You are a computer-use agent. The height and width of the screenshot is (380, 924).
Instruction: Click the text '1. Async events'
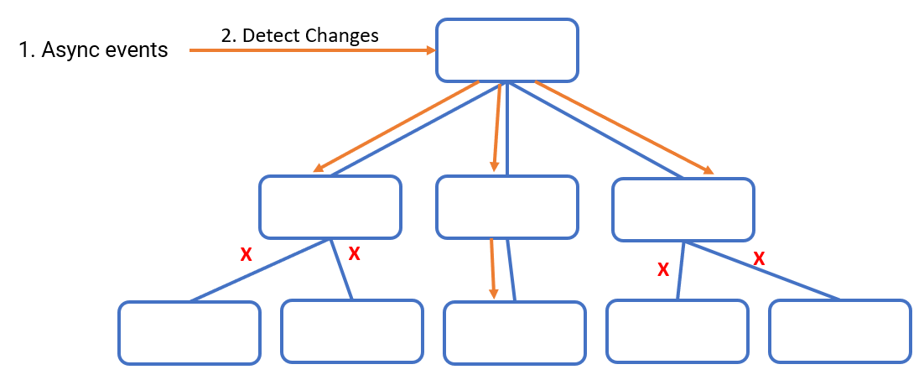pyautogui.click(x=93, y=50)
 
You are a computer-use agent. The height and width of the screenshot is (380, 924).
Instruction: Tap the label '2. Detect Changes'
pyautogui.click(x=299, y=35)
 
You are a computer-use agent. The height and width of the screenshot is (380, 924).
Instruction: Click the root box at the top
pyautogui.click(x=506, y=50)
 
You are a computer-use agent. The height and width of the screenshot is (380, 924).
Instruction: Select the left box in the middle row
pyautogui.click(x=330, y=207)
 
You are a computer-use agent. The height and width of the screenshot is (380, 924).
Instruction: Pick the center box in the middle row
pyautogui.click(x=506, y=207)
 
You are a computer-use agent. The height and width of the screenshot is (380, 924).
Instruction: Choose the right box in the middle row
pyautogui.click(x=683, y=209)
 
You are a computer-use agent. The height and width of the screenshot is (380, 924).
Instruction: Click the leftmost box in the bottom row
pyautogui.click(x=189, y=333)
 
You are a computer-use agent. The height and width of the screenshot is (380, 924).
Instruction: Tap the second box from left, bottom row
pyautogui.click(x=352, y=331)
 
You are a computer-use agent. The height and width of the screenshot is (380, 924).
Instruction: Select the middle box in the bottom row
pyautogui.click(x=515, y=333)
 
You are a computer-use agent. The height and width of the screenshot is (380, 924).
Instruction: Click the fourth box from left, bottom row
pyautogui.click(x=677, y=331)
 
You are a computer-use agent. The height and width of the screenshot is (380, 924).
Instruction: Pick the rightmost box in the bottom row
pyautogui.click(x=840, y=331)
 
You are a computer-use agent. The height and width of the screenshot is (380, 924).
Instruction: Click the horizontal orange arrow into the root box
pyautogui.click(x=312, y=50)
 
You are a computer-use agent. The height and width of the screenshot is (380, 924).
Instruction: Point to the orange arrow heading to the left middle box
pyautogui.click(x=396, y=128)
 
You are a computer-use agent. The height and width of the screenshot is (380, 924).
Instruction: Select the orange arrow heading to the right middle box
pyautogui.click(x=625, y=128)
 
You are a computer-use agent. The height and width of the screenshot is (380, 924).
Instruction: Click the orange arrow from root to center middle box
pyautogui.click(x=496, y=128)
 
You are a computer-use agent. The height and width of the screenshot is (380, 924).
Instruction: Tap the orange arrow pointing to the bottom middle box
pyautogui.click(x=493, y=268)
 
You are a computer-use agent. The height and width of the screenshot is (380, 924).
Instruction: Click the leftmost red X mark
pyautogui.click(x=246, y=254)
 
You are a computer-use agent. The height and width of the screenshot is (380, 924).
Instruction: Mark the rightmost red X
pyautogui.click(x=759, y=258)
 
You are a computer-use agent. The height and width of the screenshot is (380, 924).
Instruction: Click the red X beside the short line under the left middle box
pyautogui.click(x=354, y=253)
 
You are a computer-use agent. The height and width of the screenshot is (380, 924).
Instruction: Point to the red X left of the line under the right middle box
pyautogui.click(x=663, y=270)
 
